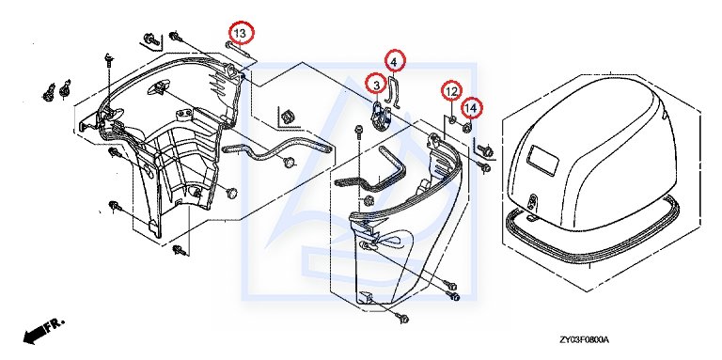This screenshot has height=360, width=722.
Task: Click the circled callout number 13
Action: (x=243, y=33)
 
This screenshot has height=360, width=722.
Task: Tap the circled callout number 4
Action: (x=395, y=60)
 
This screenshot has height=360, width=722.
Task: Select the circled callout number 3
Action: (x=377, y=86)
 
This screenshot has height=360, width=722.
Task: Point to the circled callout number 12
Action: (x=452, y=91)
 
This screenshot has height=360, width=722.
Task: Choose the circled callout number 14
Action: (x=471, y=108)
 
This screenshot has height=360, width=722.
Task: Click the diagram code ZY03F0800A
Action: (x=584, y=340)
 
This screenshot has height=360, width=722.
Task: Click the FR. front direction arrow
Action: (x=43, y=330)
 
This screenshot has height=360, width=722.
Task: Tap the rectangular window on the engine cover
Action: (x=544, y=159)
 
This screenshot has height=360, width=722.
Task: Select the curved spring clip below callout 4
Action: (x=391, y=91)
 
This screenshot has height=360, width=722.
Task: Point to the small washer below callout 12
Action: (x=452, y=120)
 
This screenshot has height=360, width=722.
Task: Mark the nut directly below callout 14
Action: (x=466, y=127)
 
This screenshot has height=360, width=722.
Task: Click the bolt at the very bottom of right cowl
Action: (x=402, y=317)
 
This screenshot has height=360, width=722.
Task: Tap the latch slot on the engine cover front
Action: (x=533, y=201)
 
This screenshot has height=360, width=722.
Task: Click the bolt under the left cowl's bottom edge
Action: (x=180, y=250)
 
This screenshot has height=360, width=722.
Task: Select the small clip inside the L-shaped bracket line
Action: (x=289, y=117)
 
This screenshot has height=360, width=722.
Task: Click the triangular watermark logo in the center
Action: (x=359, y=180)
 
